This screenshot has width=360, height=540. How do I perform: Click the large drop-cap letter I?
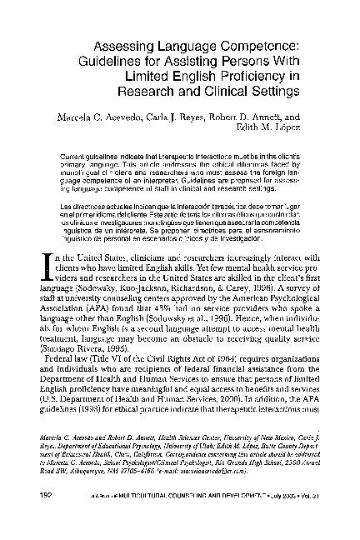47,243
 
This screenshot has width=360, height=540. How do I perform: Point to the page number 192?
47,521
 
